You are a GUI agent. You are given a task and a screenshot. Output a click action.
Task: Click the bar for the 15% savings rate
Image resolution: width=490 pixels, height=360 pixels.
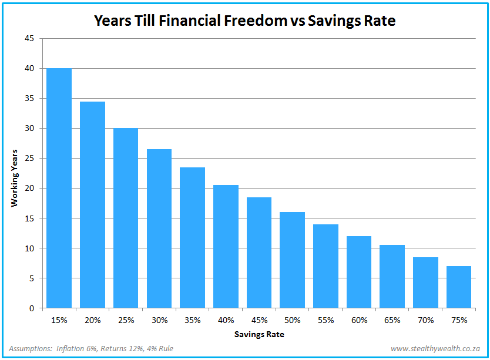coord(59,188)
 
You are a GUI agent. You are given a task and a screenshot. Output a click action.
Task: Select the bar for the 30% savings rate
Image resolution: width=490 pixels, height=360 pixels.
coord(159,228)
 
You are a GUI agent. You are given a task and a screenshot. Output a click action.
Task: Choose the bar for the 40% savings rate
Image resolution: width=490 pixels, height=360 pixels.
coord(226,246)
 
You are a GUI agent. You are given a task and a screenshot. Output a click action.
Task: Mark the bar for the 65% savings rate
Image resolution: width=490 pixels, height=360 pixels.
coord(392,276)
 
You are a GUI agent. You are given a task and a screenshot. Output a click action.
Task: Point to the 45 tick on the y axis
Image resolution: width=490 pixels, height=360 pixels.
coord(30,39)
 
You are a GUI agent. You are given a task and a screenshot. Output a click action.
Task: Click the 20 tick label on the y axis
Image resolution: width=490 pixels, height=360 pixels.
coord(30,189)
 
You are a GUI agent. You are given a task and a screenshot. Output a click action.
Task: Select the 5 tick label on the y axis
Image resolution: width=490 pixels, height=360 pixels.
coord(32,278)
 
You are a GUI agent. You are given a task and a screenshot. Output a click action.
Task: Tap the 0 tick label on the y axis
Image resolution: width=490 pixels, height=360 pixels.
coord(32,308)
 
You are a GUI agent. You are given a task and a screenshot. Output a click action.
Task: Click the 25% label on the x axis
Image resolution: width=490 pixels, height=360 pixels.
coord(126,321)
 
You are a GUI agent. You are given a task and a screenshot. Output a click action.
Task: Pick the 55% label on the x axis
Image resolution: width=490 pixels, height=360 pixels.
coord(325,321)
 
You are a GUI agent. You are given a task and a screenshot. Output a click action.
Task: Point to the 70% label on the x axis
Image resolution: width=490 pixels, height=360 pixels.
coord(425,321)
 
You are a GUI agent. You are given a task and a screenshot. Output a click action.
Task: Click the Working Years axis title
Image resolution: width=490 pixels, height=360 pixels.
coord(15,177)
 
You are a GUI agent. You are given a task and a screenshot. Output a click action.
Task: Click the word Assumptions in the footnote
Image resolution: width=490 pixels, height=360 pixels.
coord(30,348)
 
